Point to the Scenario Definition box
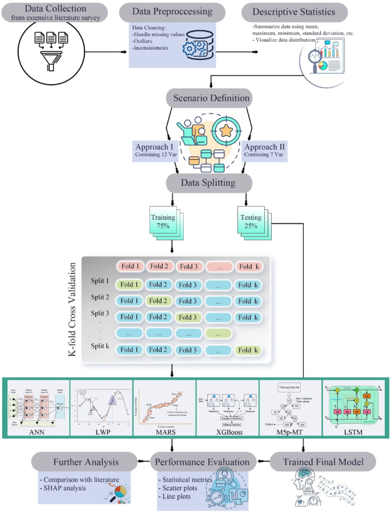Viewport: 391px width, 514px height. [208, 98]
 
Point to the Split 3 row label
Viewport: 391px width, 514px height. [99, 313]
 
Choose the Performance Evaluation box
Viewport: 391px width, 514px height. [203, 460]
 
